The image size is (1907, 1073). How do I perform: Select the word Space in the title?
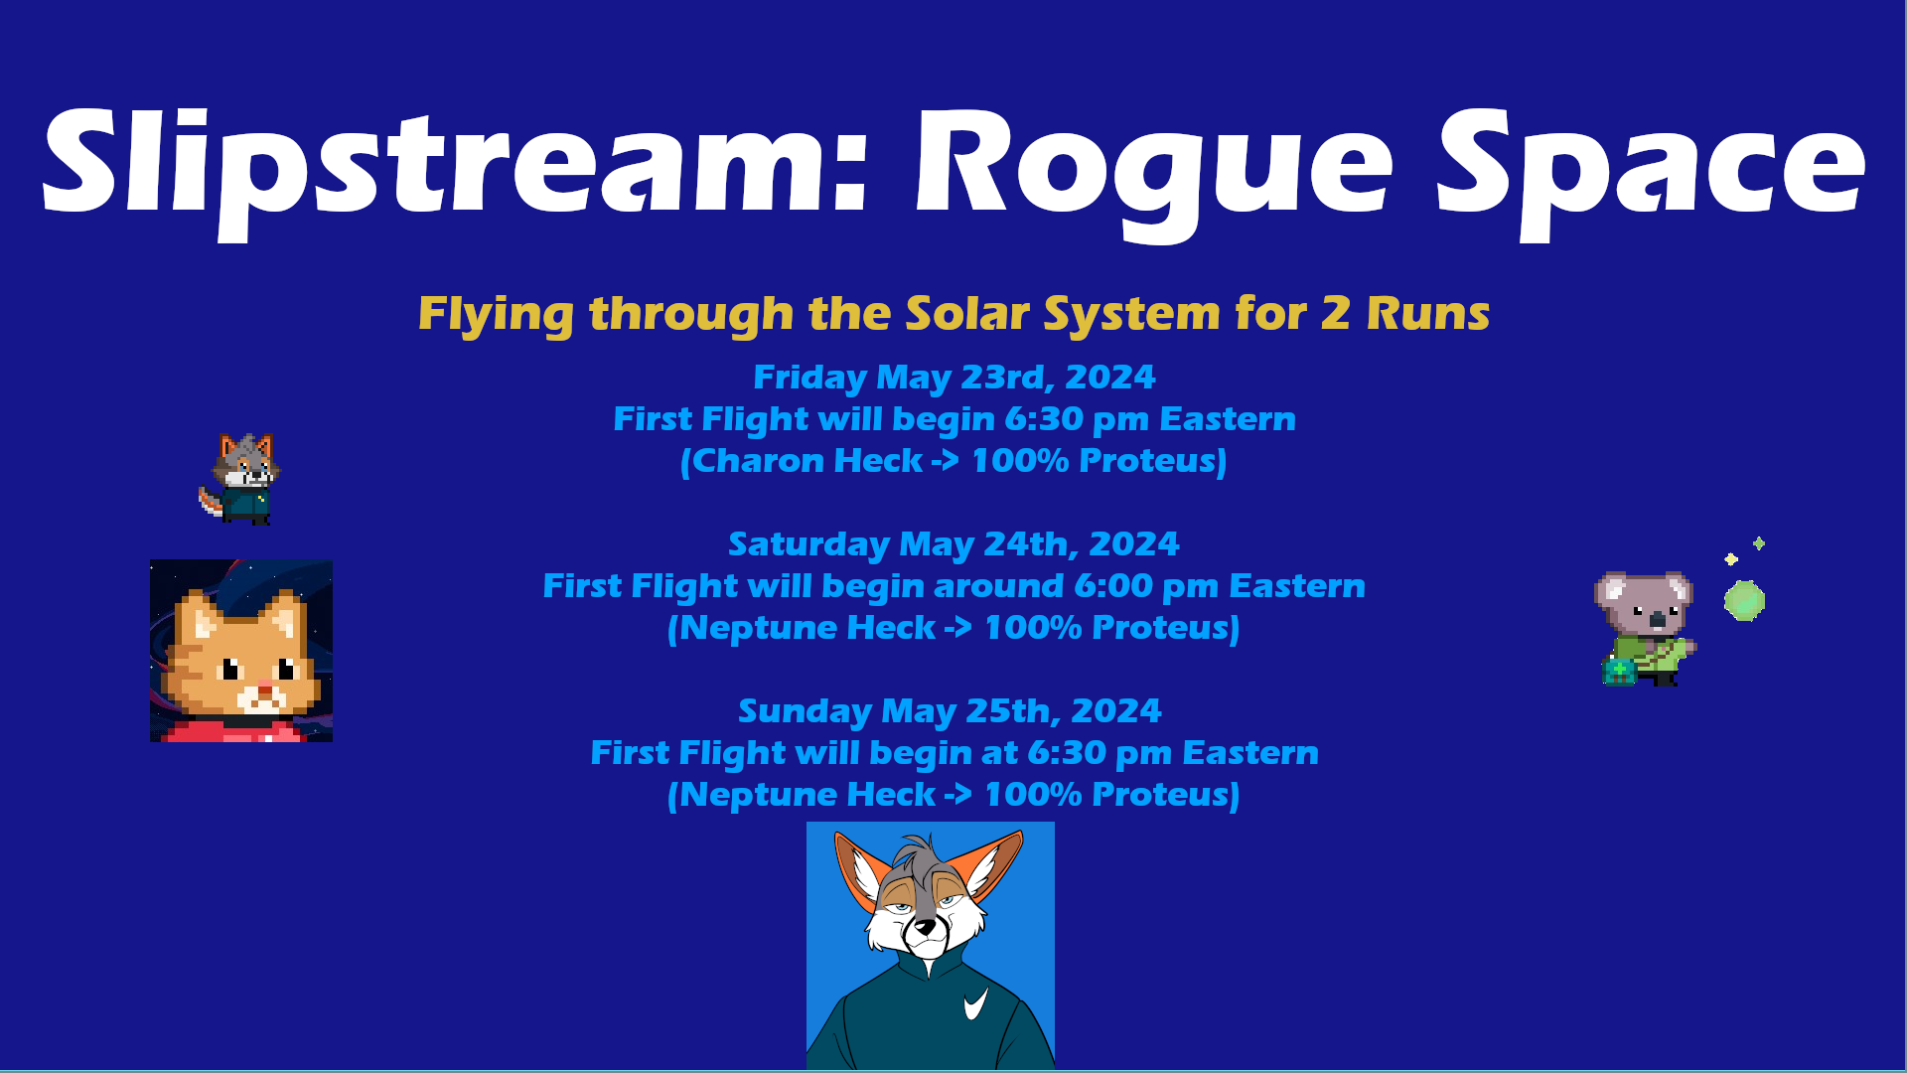pos(1651,169)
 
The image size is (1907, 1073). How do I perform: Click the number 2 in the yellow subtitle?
pos(1336,314)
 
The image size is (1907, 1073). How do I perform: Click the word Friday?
pos(810,379)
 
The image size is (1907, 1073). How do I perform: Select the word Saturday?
pos(809,545)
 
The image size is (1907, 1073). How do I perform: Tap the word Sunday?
pos(806,712)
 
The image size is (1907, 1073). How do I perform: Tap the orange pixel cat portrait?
pos(241,651)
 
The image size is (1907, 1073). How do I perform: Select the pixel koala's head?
pos(1645,602)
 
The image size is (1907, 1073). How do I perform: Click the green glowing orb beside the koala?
pos(1744,601)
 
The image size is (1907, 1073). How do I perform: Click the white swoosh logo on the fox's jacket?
pos(976,1003)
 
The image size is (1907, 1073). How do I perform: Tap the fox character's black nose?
pos(927,926)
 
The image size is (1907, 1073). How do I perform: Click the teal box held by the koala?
pos(1619,672)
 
